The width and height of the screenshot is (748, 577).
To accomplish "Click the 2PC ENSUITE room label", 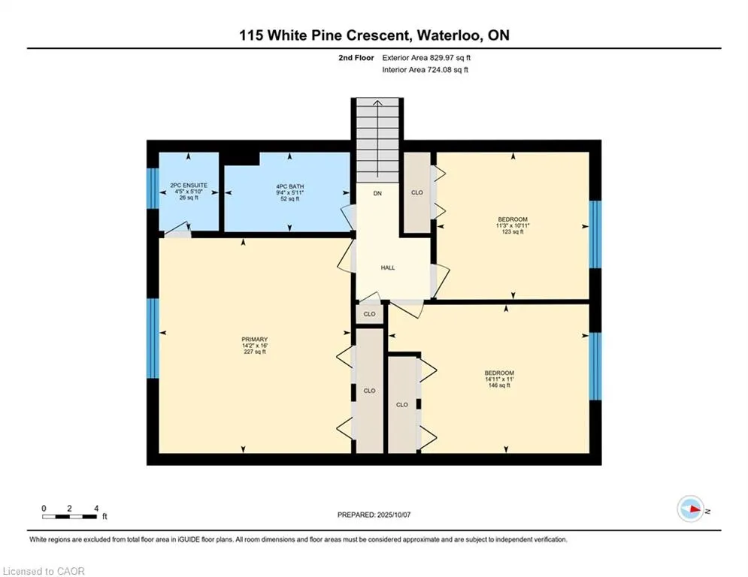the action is (x=189, y=185).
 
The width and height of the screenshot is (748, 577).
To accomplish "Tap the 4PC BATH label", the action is (x=290, y=186).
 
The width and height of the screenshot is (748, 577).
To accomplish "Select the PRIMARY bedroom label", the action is (x=255, y=340).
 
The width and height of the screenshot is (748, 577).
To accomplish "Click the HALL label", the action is (x=388, y=268).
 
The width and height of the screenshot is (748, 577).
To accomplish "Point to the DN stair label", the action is (x=377, y=194).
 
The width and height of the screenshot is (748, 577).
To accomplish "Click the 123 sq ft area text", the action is (x=513, y=231).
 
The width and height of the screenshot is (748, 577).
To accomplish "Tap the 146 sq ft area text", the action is (x=499, y=385).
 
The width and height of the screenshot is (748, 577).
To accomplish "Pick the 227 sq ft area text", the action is (x=255, y=352).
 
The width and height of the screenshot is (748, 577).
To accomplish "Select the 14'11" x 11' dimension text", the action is (x=499, y=379).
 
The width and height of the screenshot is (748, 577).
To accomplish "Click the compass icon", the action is (x=691, y=509).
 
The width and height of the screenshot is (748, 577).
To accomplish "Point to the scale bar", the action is (x=69, y=516).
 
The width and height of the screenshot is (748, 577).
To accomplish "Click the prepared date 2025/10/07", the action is (x=394, y=515).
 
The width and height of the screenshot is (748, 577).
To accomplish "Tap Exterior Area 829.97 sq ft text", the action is (x=426, y=58).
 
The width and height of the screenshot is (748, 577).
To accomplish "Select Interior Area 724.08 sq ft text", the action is (x=425, y=70).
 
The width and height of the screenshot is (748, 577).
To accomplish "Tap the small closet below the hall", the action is (x=370, y=314).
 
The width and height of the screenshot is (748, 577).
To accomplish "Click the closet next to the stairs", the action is (x=417, y=192).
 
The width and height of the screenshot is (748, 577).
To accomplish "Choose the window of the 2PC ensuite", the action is (x=153, y=189).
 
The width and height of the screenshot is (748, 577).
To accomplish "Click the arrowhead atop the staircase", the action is (x=377, y=102).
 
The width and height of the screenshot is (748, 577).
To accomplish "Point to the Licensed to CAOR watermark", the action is (x=44, y=571).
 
